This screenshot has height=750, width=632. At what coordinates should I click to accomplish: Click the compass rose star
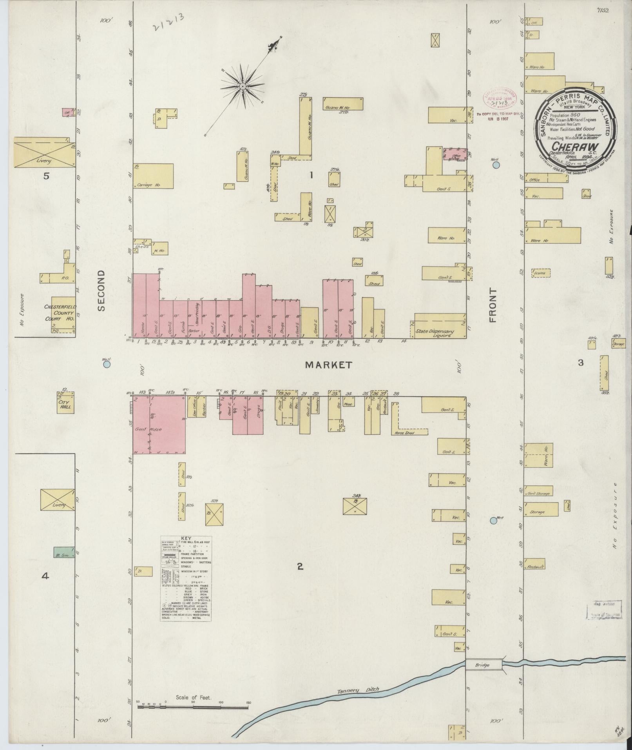tap(243, 86)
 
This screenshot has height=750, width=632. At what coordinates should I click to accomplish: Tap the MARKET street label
tap(328, 365)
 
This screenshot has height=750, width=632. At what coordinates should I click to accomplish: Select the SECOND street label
tap(102, 291)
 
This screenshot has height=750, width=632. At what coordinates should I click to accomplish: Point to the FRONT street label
tap(493, 305)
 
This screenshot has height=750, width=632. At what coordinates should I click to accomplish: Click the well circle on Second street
tap(107, 364)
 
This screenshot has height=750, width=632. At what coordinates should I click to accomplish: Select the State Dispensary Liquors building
tap(440, 326)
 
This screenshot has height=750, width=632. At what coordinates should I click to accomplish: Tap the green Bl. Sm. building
tap(63, 552)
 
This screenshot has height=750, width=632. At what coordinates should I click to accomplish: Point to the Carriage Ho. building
tap(153, 176)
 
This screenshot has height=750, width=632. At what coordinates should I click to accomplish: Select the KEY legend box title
tap(186, 539)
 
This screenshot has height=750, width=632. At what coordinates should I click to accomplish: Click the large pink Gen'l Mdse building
tap(159, 425)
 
